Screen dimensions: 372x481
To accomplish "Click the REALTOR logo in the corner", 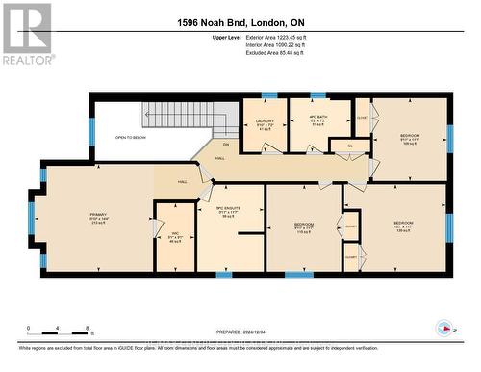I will tap(26, 33).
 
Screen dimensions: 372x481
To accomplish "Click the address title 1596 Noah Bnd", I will tap(240, 22).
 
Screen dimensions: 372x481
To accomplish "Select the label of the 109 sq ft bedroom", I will tap(409, 139).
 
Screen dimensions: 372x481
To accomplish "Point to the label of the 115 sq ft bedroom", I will tap(304, 229).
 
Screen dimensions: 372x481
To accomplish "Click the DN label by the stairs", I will tap(199, 146).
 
